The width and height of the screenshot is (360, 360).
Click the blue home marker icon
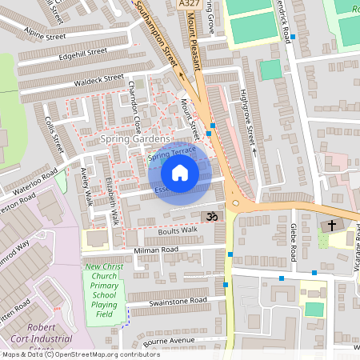180,173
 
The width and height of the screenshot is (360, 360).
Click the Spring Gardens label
131,139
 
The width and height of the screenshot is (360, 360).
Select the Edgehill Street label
83,53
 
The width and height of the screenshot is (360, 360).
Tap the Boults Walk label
178,230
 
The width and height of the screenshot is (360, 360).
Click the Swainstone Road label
178,301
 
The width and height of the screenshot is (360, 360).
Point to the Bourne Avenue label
170,342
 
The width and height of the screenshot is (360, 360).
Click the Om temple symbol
213,217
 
